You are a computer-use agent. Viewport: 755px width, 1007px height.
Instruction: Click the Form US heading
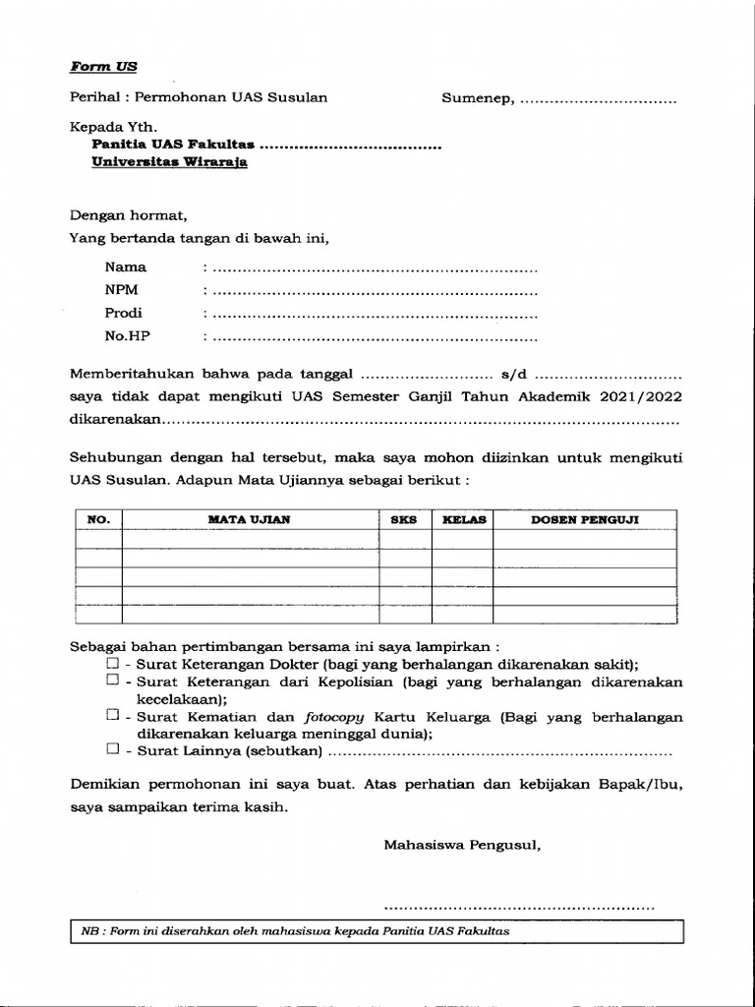(x=103, y=67)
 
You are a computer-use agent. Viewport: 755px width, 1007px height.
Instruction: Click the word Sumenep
(x=476, y=98)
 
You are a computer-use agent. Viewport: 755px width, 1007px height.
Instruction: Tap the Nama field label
(x=126, y=267)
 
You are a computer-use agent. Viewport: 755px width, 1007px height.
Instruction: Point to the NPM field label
(x=122, y=290)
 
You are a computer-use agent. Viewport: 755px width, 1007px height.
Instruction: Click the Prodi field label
(x=124, y=313)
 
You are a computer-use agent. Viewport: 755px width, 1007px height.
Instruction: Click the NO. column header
(x=99, y=519)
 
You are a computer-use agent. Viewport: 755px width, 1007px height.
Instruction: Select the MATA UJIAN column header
(x=249, y=519)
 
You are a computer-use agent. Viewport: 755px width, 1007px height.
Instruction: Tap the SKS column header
(x=404, y=519)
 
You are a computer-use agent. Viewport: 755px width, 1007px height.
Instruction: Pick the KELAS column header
(x=464, y=519)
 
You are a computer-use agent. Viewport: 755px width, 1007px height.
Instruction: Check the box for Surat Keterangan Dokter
(x=112, y=664)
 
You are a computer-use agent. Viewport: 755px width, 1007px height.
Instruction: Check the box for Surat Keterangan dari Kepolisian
(x=112, y=680)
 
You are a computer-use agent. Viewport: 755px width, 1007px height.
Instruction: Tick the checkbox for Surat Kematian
(x=112, y=716)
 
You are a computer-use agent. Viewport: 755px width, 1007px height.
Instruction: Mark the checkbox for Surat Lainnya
(x=112, y=749)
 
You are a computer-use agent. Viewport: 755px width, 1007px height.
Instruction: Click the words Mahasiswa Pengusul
(x=462, y=844)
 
